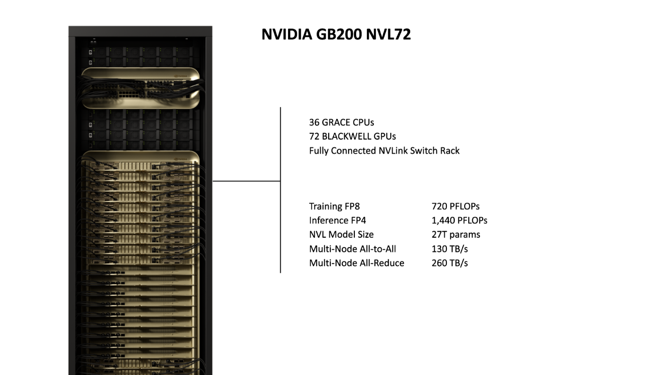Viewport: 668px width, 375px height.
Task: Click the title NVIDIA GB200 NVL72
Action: tap(336, 34)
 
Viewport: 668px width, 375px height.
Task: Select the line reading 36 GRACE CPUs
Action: tap(342, 122)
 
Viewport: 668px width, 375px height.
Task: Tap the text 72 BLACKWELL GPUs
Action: tap(352, 137)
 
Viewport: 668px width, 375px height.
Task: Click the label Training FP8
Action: tap(334, 206)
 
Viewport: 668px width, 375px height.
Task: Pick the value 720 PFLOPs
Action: tap(455, 206)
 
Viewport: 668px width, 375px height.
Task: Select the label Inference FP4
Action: tap(337, 220)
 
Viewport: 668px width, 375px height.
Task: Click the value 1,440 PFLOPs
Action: tap(459, 220)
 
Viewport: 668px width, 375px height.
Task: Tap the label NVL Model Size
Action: tap(341, 235)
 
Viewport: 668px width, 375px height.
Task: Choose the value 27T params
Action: tap(456, 235)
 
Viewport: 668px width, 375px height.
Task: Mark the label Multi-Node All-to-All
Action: tap(352, 249)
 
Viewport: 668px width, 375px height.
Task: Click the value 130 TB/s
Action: tap(450, 249)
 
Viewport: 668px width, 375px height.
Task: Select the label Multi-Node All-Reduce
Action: tap(357, 263)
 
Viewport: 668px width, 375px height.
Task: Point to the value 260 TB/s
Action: tap(450, 263)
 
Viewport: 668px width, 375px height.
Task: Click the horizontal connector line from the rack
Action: tap(246, 181)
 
